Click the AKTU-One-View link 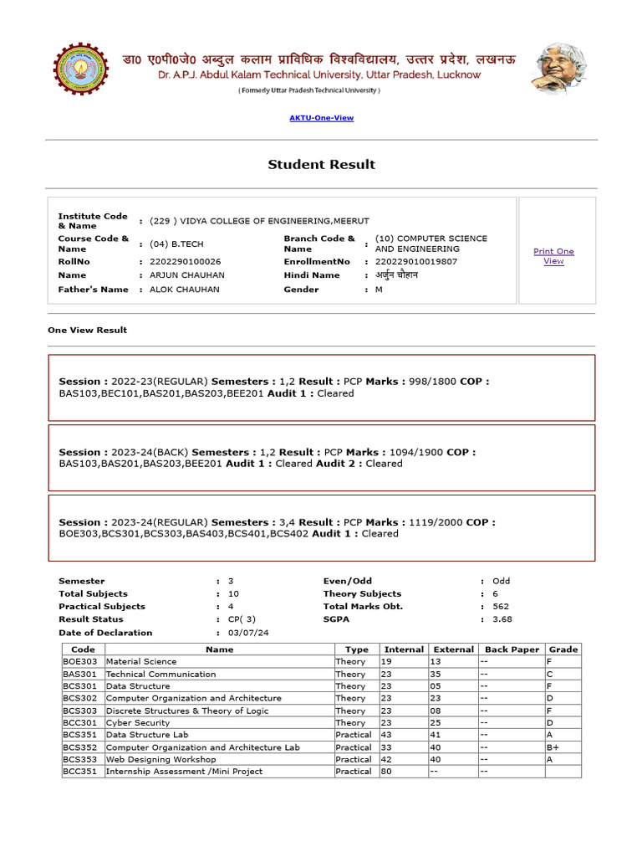pos(321,118)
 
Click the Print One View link pos(553,256)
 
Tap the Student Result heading pos(321,164)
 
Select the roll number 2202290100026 pos(186,261)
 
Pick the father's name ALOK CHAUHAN pos(185,290)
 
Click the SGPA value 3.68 pos(502,619)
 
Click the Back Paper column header pos(512,649)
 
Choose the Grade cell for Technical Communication pos(550,674)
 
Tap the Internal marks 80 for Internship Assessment pos(386,772)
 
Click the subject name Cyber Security pos(138,722)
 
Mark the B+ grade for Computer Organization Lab pos(553,747)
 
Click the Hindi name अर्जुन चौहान pos(396,275)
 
